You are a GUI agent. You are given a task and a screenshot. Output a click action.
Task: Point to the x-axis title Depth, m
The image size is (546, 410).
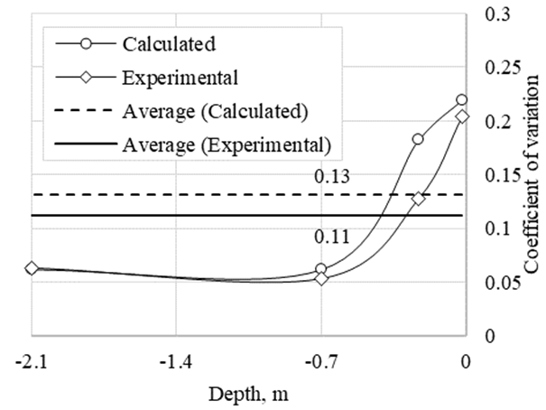click(x=248, y=394)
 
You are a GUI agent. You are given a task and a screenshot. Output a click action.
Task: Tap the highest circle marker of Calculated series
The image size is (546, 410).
click(x=462, y=100)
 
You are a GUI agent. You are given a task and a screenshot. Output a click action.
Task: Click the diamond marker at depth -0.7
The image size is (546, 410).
click(x=321, y=279)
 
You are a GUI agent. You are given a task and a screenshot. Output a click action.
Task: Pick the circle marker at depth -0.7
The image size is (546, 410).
click(x=321, y=269)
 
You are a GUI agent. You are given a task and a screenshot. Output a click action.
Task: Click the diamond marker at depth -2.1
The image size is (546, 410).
click(x=32, y=268)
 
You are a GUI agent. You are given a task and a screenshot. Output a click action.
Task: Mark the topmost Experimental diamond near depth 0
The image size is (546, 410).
click(x=462, y=116)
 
